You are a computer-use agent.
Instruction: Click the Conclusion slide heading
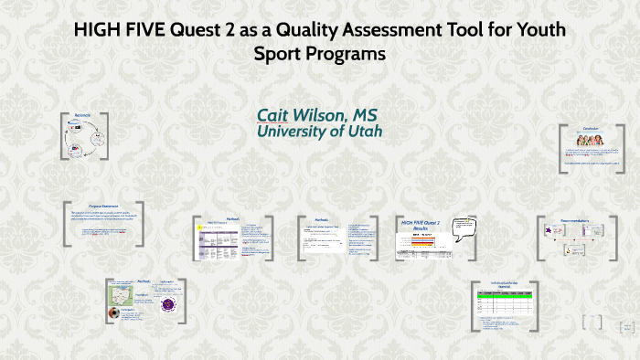(x=591, y=129)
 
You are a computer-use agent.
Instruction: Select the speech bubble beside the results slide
(x=464, y=228)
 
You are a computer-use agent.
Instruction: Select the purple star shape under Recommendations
(x=549, y=234)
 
